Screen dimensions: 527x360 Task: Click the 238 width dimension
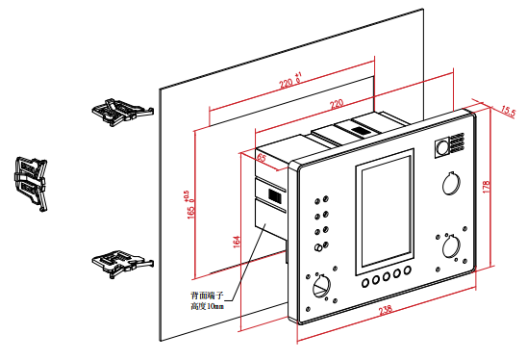pyautogui.click(x=386, y=310)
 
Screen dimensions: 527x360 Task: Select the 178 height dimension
pyautogui.click(x=487, y=187)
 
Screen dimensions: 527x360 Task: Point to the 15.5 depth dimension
pyautogui.click(x=508, y=111)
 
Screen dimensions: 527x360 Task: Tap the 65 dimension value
pyautogui.click(x=262, y=158)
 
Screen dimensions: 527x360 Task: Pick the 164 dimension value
pyautogui.click(x=237, y=242)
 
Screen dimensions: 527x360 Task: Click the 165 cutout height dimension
pyautogui.click(x=189, y=205)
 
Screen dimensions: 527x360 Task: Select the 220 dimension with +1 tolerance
pyautogui.click(x=289, y=81)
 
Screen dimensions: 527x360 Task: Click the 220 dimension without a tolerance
pyautogui.click(x=337, y=104)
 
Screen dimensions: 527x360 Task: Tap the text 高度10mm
pyautogui.click(x=207, y=306)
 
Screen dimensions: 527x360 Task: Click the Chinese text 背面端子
pyautogui.click(x=207, y=296)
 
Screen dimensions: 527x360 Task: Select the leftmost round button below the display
pyautogui.click(x=365, y=283)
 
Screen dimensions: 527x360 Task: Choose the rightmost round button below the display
pyautogui.click(x=408, y=270)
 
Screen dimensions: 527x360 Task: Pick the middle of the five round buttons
pyautogui.click(x=387, y=276)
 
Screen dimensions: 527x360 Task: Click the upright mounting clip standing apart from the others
pyautogui.click(x=32, y=183)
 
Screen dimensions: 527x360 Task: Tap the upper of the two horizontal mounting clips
pyautogui.click(x=123, y=112)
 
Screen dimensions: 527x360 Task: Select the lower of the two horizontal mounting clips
pyautogui.click(x=123, y=264)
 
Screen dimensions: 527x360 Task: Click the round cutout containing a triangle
pyautogui.click(x=321, y=286)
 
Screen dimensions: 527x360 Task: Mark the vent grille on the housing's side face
pyautogui.click(x=275, y=195)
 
